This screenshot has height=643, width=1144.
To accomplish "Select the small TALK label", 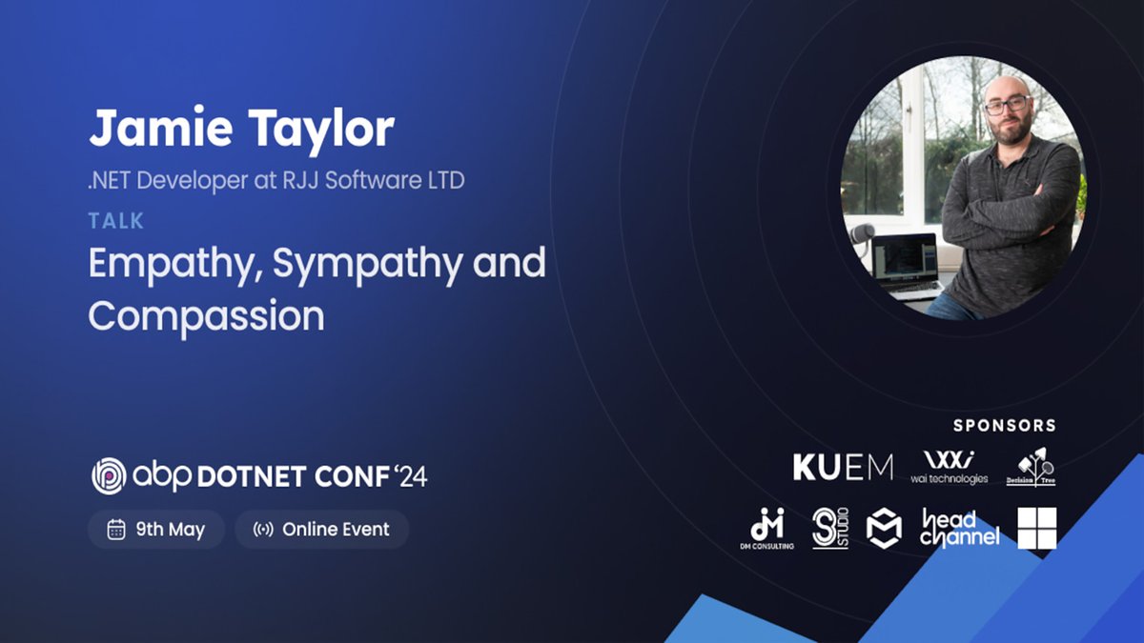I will pos(115,221).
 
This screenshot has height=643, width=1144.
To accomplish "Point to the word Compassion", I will pos(206,315).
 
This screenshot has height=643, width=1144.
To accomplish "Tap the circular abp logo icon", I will pos(109,475).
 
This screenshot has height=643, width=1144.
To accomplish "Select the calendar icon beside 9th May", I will pos(116,530).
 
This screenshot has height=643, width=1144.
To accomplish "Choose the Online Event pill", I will pos(321,530).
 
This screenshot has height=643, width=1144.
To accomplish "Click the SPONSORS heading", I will pos(1004,426).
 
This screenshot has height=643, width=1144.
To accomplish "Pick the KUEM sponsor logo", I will pos(843,467).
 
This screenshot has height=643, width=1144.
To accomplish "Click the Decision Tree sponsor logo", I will pos(1032,467).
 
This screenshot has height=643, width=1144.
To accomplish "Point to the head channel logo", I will pos(959,529).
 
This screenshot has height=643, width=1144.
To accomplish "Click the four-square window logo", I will pos(1037,529).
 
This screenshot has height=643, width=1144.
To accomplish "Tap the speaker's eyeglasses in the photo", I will pos(1007,106).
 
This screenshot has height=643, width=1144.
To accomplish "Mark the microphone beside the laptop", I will pos(863,233).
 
